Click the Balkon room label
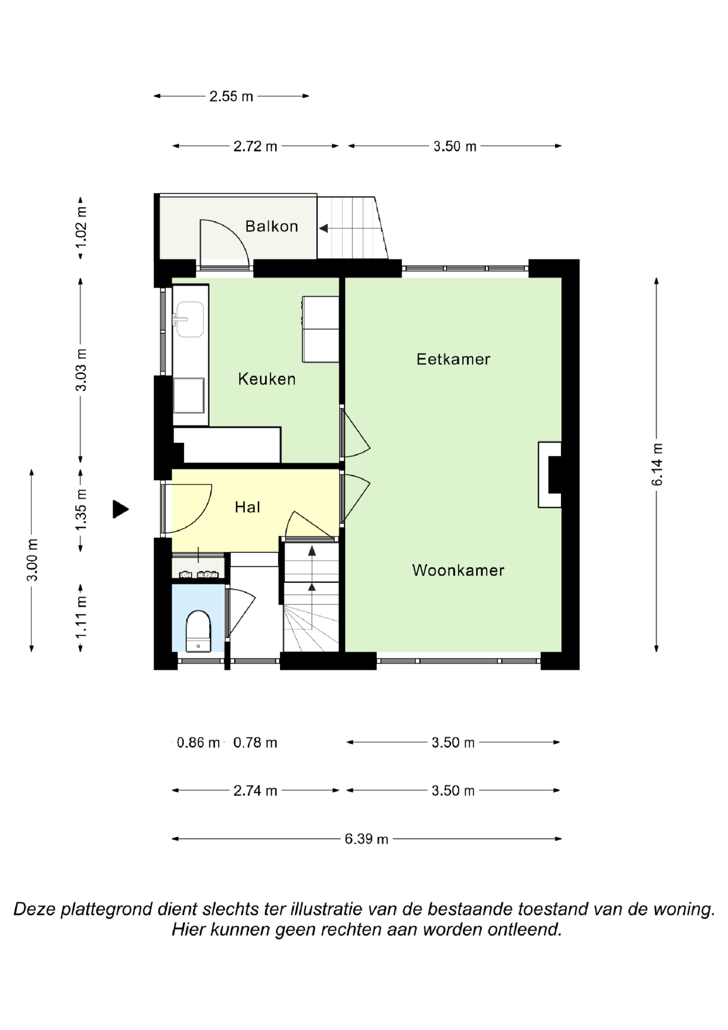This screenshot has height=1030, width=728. coord(272,226)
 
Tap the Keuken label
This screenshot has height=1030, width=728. coord(266,379)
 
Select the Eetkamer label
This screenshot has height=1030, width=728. coord(453,359)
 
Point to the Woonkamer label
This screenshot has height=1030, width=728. coord(458,570)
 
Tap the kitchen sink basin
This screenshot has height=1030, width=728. coord(190,319)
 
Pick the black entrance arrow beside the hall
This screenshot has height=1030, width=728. coord(120,509)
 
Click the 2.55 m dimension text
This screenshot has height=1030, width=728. coord(231,96)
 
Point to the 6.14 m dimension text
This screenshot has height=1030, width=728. coord(657,464)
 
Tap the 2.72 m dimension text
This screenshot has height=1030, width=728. coord(255,146)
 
